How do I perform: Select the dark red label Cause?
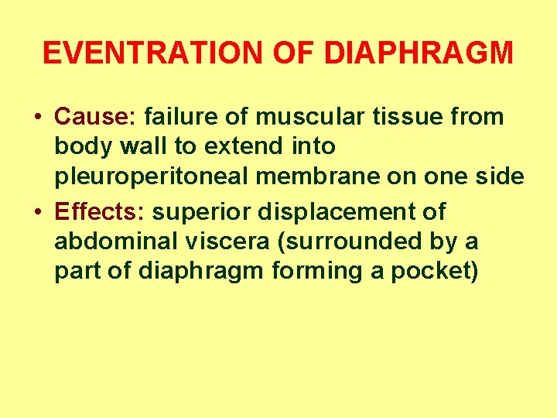(96, 117)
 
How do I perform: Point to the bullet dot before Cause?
(38, 118)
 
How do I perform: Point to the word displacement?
(342, 211)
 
